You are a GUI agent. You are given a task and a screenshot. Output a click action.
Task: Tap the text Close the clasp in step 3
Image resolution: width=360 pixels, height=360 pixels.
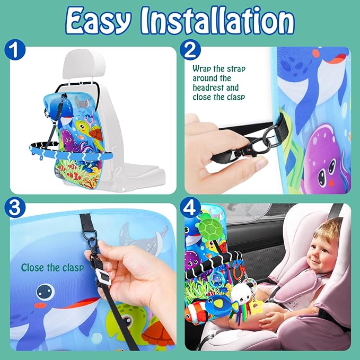52,268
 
